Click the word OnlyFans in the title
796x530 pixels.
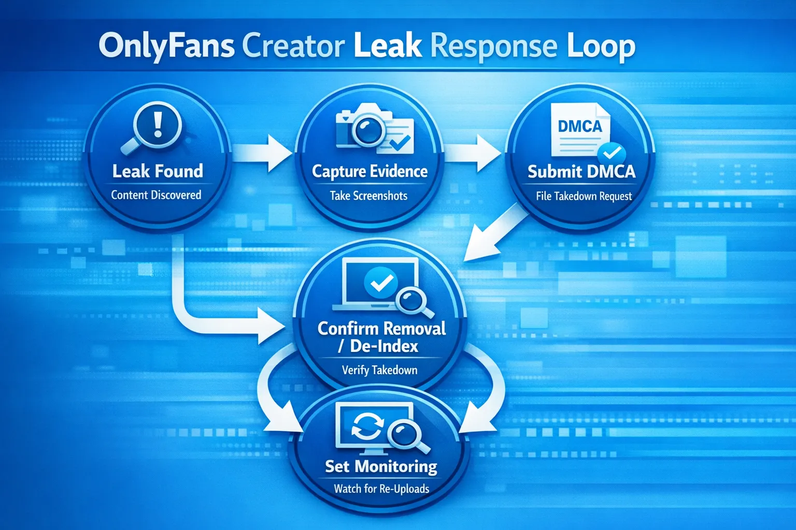[166, 46]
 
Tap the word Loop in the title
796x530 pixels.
[601, 47]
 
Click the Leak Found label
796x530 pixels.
[158, 171]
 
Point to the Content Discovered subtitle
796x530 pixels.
[156, 195]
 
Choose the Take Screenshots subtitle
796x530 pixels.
[368, 196]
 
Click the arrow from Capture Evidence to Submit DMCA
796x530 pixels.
[473, 153]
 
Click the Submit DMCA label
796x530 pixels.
[581, 172]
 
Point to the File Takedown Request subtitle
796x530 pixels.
[584, 196]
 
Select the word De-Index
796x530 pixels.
[384, 346]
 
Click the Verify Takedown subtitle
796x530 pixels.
[379, 370]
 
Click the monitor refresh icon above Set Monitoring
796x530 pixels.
[381, 428]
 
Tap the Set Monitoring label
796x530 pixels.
[381, 467]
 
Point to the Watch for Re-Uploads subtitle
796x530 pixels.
[381, 489]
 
